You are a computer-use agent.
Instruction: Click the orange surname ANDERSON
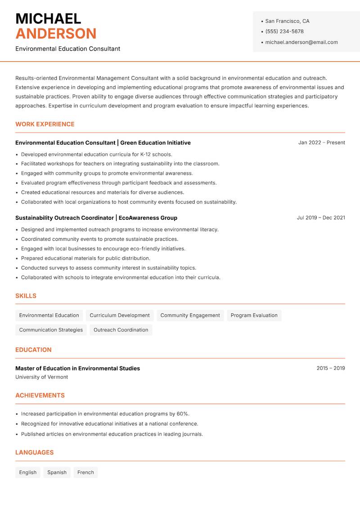pyautogui.click(x=56, y=34)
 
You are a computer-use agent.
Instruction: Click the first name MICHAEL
pyautogui.click(x=48, y=18)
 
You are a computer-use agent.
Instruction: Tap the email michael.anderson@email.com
pyautogui.click(x=301, y=42)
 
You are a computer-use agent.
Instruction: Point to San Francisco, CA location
pyautogui.click(x=287, y=21)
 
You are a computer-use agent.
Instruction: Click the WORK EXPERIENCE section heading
pyautogui.click(x=45, y=124)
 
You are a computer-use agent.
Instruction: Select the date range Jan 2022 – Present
pyautogui.click(x=321, y=143)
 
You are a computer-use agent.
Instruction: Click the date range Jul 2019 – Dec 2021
pyautogui.click(x=320, y=218)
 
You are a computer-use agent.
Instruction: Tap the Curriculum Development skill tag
pyautogui.click(x=120, y=315)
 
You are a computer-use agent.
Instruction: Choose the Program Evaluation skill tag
pyautogui.click(x=254, y=315)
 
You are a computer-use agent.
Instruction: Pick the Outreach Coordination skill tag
pyautogui.click(x=121, y=330)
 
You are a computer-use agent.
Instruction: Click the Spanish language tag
pyautogui.click(x=57, y=472)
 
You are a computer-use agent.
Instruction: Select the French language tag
pyautogui.click(x=85, y=472)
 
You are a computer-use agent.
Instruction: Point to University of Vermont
pyautogui.click(x=41, y=377)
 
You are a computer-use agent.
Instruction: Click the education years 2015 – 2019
pyautogui.click(x=330, y=368)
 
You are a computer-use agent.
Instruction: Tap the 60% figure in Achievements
pyautogui.click(x=182, y=414)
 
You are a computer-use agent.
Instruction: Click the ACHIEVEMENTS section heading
pyautogui.click(x=40, y=395)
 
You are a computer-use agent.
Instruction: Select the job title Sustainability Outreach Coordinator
pyautogui.click(x=64, y=218)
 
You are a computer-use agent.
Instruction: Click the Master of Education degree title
pyautogui.click(x=77, y=368)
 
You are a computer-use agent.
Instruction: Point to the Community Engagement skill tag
pyautogui.click(x=190, y=315)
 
